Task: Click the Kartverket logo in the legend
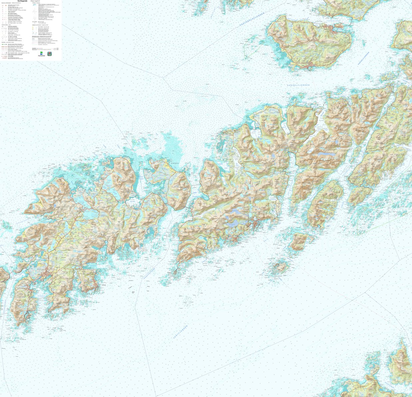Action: point(41,54)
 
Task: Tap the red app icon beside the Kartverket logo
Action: point(49,54)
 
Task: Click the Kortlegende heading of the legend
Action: point(23,1)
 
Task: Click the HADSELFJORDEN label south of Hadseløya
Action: point(298,85)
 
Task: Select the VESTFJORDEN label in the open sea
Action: point(180,332)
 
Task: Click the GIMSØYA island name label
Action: point(175,164)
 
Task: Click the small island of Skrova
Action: point(279,267)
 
